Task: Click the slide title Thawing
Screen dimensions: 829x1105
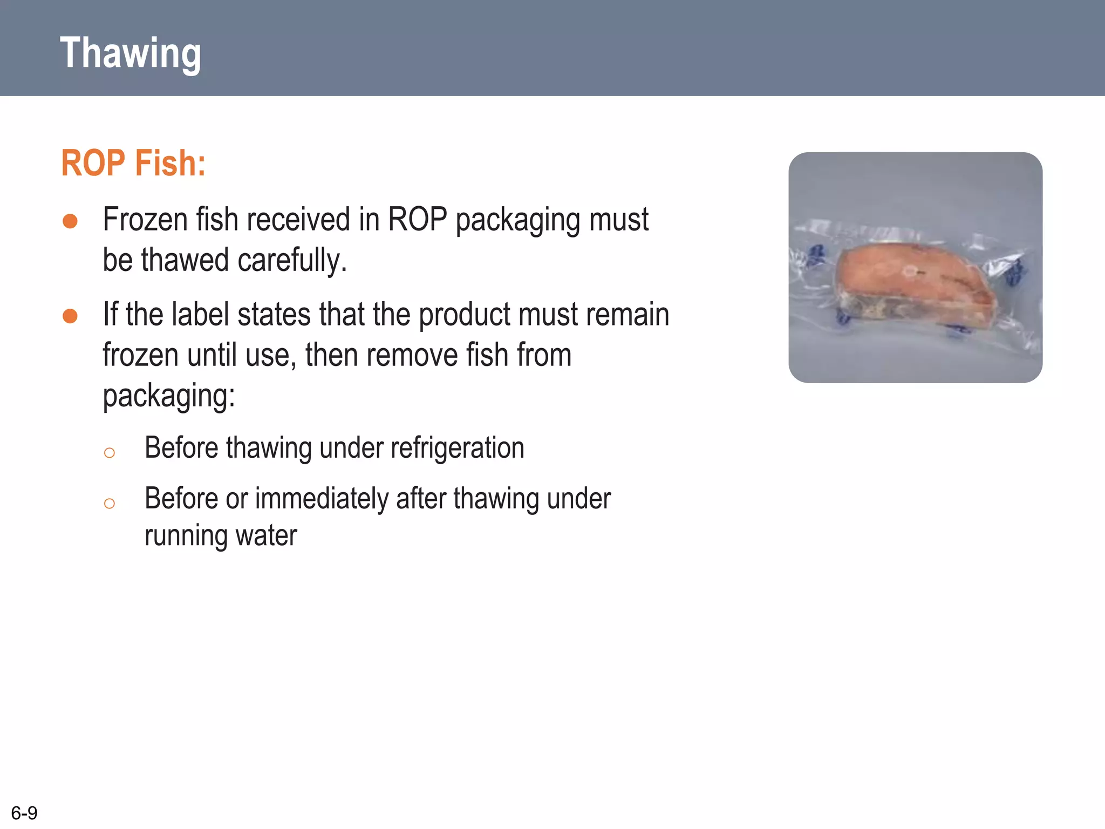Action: tap(130, 53)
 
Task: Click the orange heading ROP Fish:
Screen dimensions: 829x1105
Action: tap(133, 163)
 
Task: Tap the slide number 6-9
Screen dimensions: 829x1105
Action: tap(24, 813)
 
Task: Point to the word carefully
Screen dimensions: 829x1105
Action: tap(292, 260)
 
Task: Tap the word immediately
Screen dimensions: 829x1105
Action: tap(322, 499)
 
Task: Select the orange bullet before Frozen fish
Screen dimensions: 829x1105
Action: tap(70, 221)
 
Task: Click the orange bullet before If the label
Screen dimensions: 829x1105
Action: tap(70, 316)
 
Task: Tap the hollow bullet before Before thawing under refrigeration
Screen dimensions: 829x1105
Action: tap(110, 452)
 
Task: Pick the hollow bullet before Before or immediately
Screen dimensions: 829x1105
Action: tap(110, 504)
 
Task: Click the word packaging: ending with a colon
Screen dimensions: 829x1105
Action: tap(169, 396)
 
